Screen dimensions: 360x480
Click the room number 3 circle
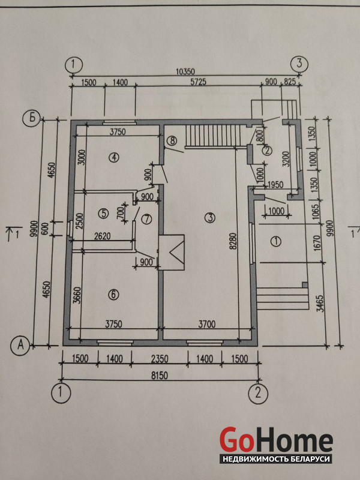[210, 218]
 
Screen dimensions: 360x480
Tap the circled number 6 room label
[113, 295]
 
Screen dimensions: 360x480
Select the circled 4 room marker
[114, 157]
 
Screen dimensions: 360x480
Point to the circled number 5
[104, 213]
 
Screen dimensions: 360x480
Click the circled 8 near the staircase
[172, 141]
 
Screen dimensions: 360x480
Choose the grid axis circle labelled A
[21, 345]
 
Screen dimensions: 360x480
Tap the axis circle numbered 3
[299, 64]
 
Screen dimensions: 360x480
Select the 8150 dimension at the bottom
[160, 376]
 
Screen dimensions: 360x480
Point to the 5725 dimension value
[199, 82]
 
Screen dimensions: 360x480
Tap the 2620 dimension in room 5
[103, 236]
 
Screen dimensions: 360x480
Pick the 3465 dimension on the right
[320, 304]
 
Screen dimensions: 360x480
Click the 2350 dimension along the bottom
[159, 359]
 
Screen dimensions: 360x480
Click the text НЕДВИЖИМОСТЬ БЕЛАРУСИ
[276, 459]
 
